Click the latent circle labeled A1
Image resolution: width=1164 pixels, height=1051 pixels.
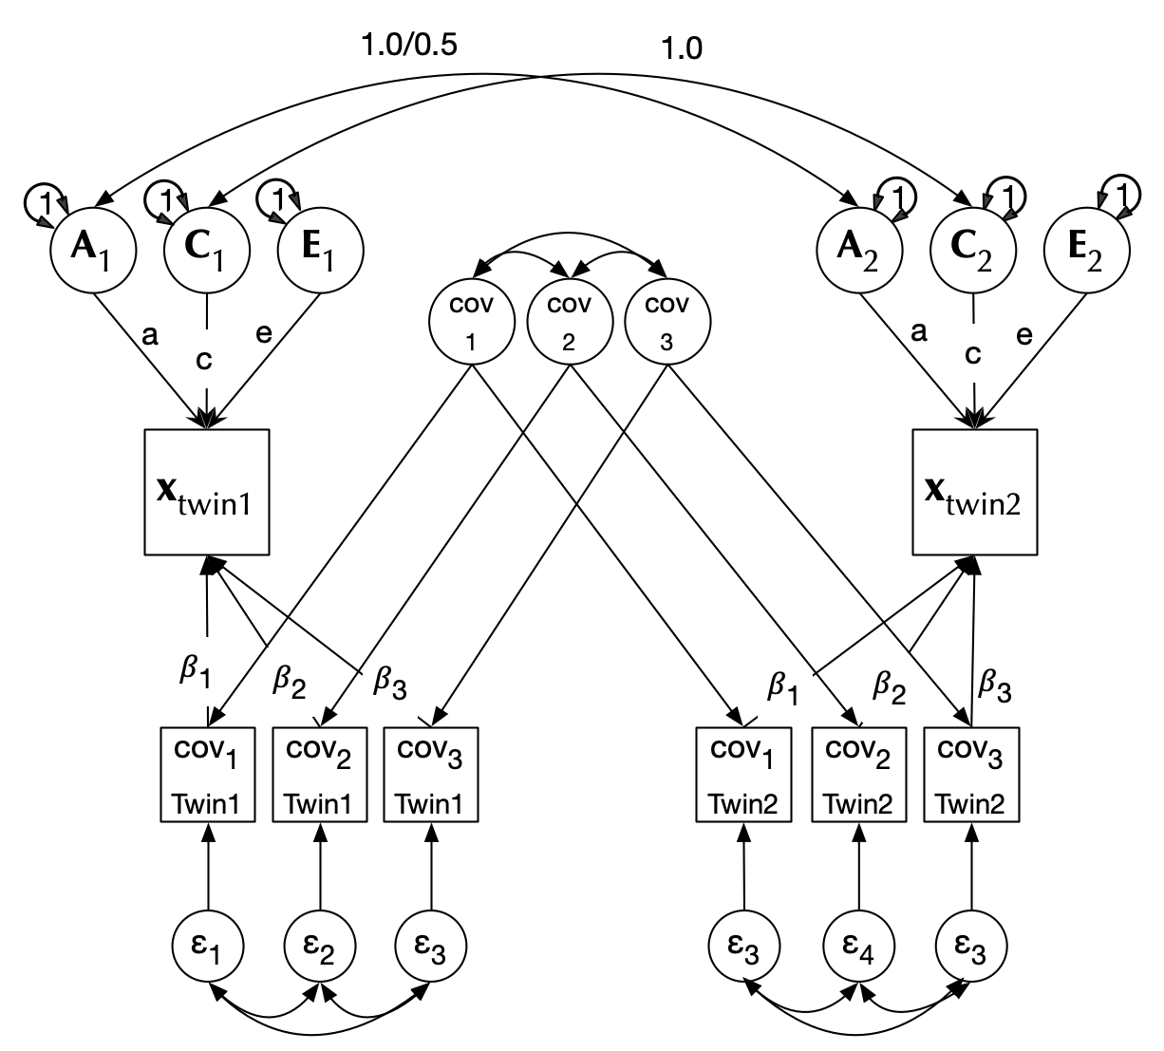(x=92, y=250)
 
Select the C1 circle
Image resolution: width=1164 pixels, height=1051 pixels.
(x=207, y=250)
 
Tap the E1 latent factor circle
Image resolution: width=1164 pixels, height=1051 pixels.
(x=320, y=250)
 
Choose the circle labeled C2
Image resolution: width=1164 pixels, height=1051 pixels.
(x=973, y=250)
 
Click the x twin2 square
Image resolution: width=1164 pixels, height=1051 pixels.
(x=974, y=492)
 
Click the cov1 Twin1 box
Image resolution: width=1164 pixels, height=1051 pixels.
(x=207, y=774)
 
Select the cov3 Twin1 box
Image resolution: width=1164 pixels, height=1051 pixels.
(x=430, y=774)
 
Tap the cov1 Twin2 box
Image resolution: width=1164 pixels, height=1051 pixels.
(x=743, y=774)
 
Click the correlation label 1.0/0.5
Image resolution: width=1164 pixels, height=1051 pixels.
(x=410, y=45)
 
